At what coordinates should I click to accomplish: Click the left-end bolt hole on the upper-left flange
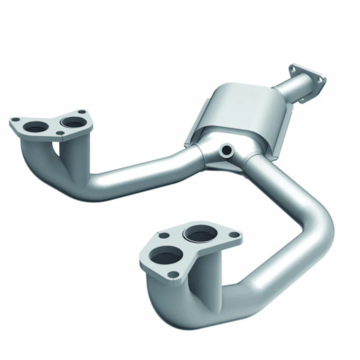click(15, 120)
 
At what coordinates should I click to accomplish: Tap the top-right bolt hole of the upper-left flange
click(81, 112)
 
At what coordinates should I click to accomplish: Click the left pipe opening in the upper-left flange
click(36, 128)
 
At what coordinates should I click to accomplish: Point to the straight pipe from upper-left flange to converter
click(144, 171)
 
